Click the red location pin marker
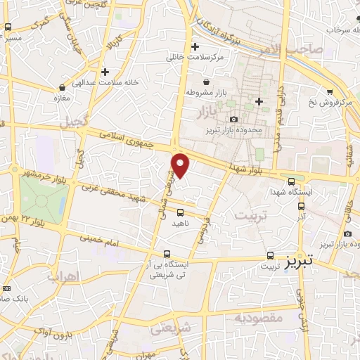(181, 165)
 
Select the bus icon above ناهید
(181, 212)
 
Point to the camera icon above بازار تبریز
(233, 119)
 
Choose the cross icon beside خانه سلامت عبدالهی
(105, 71)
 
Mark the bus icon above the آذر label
(302, 207)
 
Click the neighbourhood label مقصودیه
(258, 318)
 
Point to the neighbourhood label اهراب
(62, 276)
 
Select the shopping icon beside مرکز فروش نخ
(330, 91)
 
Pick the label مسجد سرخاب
(332, 30)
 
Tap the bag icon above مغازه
(63, 88)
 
